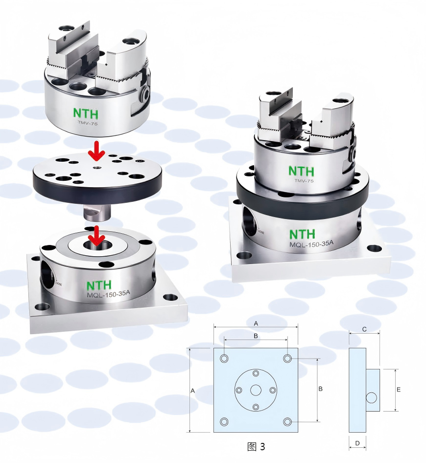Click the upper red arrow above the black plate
[x=97, y=150]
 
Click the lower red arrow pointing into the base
[x=97, y=236]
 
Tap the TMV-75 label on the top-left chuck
[x=87, y=123]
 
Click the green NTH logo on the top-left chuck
[x=86, y=113]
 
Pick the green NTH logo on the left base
[x=99, y=285]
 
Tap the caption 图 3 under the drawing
[x=256, y=446]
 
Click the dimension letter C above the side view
[x=364, y=329]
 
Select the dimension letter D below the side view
[x=357, y=443]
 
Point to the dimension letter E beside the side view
[x=399, y=390]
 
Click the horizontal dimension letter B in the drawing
[x=256, y=336]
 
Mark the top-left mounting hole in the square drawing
[x=224, y=359]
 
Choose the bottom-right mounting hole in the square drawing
[x=287, y=422]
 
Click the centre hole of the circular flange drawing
[x=256, y=390]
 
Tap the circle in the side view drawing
[x=372, y=398]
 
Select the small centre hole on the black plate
[x=97, y=168]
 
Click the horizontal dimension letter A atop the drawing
[x=256, y=324]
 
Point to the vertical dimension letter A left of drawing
[x=192, y=390]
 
